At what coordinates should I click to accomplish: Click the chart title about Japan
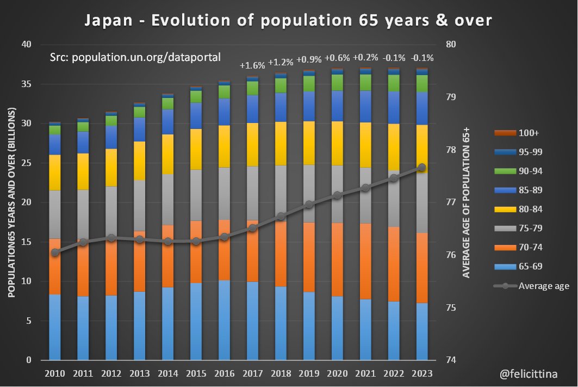pos(288,21)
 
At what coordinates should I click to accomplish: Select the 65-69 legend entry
pos(531,267)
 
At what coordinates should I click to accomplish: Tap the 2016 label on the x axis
pos(224,374)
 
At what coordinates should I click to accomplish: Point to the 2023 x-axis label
pos(422,374)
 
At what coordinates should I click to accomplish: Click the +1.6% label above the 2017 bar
pos(252,65)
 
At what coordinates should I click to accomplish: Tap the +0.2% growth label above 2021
pos(365,58)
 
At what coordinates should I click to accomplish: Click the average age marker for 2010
pos(55,253)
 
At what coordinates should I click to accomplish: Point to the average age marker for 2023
pos(422,168)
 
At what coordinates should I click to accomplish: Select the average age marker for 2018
pos(281,217)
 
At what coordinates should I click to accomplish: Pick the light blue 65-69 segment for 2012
pos(111,327)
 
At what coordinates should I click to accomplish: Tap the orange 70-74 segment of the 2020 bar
pos(337,259)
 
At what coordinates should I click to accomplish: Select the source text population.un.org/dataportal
pos(135,57)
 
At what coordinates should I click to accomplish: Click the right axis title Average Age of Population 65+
pos(467,202)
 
